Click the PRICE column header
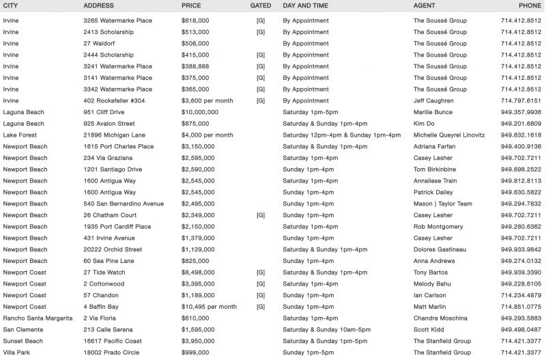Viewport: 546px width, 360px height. [x=191, y=5]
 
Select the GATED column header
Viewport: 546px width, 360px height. [x=261, y=5]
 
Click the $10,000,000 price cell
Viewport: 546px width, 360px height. [x=200, y=112]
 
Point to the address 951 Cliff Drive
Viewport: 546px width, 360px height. [x=104, y=112]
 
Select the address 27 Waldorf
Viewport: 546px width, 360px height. [x=98, y=43]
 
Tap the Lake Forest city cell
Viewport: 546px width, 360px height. [x=20, y=135]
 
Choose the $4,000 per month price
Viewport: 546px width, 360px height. [x=207, y=135]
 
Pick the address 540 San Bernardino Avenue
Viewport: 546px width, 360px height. [x=124, y=204]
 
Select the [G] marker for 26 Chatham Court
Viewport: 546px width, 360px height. [x=261, y=215]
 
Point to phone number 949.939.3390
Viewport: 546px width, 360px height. [x=521, y=273]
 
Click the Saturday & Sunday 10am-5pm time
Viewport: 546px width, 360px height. [x=325, y=330]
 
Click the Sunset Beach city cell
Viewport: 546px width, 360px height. [x=23, y=341]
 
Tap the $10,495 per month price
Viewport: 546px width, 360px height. [x=209, y=307]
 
